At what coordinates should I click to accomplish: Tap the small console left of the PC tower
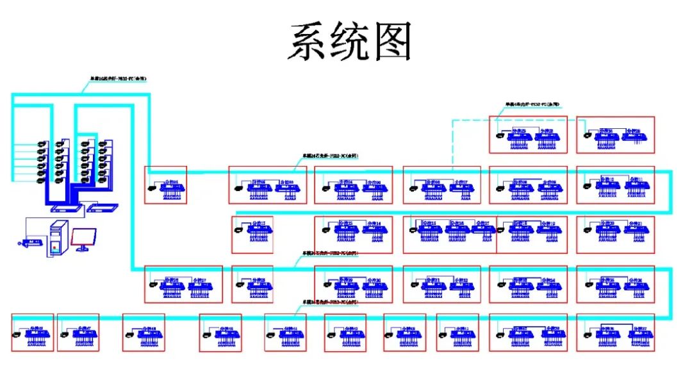pos(31,242)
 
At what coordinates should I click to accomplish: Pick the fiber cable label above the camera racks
pos(118,79)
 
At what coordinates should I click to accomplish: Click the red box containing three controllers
pos(449,235)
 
